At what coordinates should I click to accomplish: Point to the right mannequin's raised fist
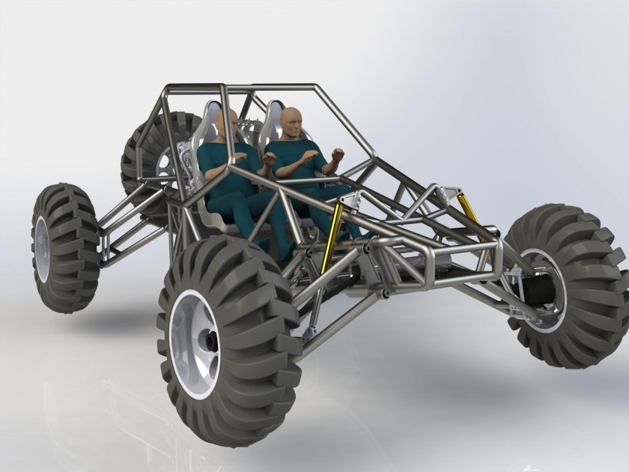tap(339, 157)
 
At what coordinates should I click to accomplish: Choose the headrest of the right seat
tap(275, 112)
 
